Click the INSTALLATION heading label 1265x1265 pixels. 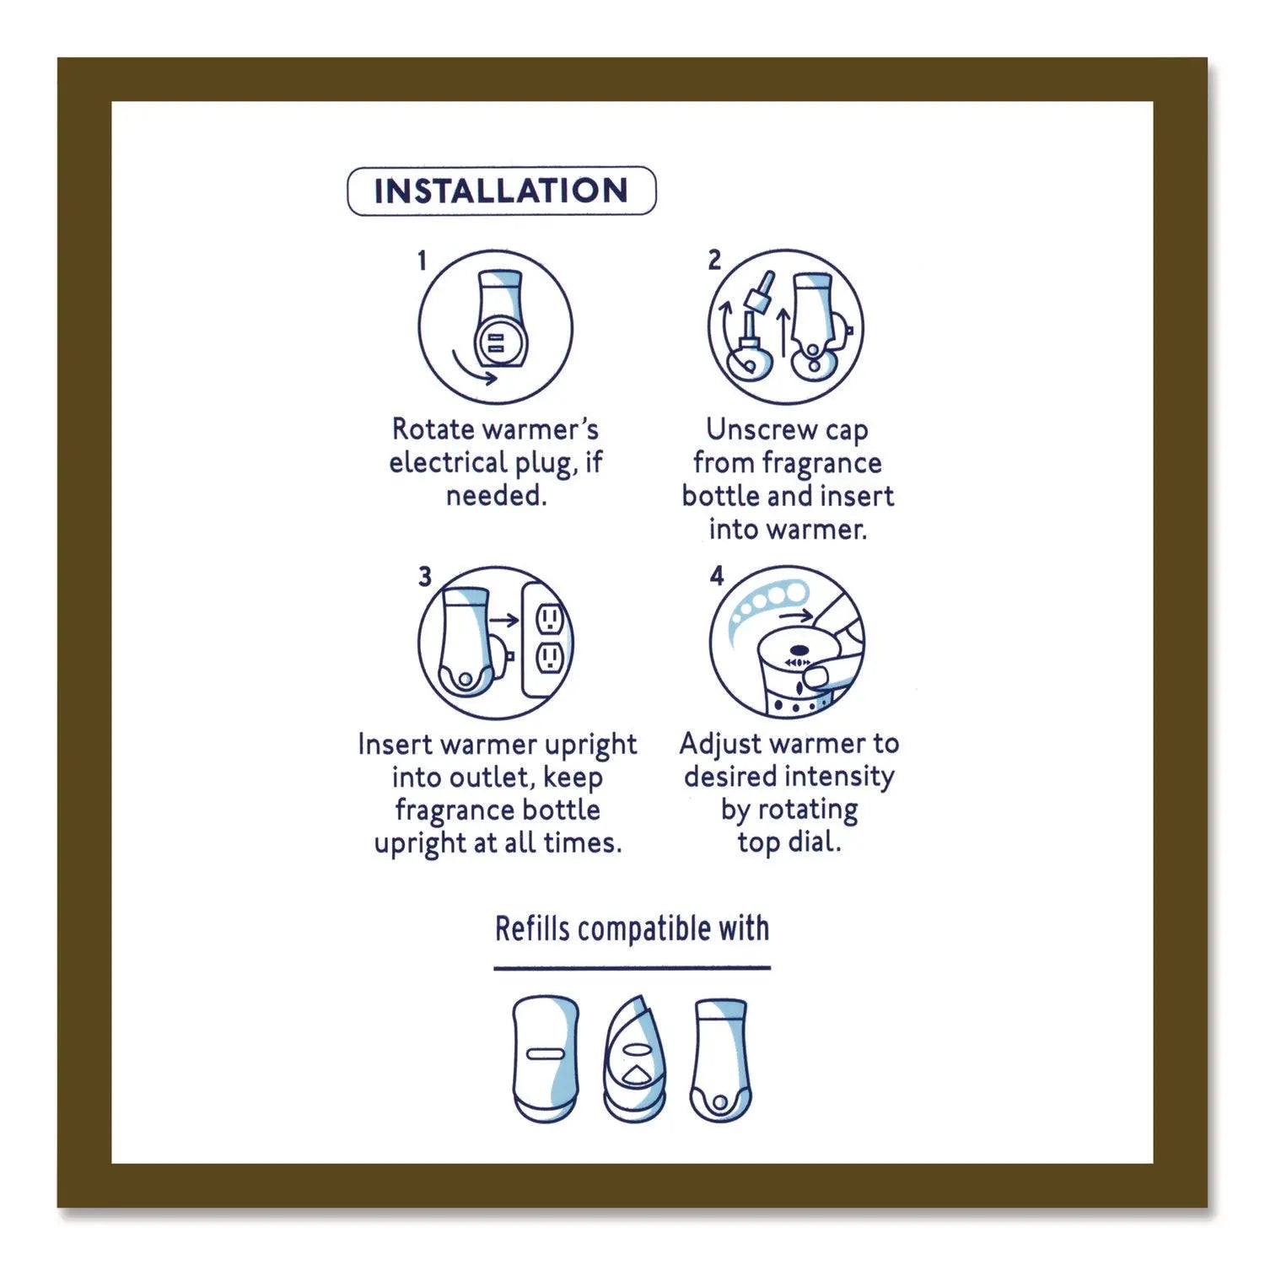pyautogui.click(x=501, y=191)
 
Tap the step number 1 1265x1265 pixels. pyautogui.click(x=423, y=261)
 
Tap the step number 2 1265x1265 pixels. pyautogui.click(x=714, y=260)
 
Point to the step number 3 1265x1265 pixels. pyautogui.click(x=424, y=576)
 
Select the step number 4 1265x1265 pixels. pyautogui.click(x=717, y=576)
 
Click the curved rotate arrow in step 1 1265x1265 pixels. pyautogui.click(x=473, y=369)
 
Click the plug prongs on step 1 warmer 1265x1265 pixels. pyautogui.click(x=494, y=341)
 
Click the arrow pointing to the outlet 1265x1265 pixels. pyautogui.click(x=504, y=621)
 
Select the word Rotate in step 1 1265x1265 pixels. pyautogui.click(x=433, y=429)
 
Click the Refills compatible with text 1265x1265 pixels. pyautogui.click(x=632, y=929)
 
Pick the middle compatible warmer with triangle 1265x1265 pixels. pyautogui.click(x=634, y=1061)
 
